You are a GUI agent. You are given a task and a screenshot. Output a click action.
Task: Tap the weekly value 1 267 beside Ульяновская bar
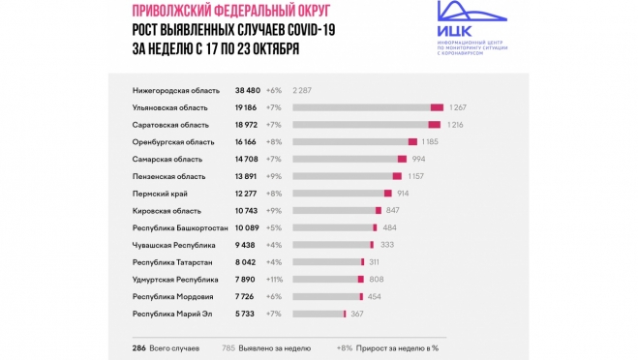coord(458,107)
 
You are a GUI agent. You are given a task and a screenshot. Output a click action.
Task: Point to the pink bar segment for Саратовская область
coord(434,125)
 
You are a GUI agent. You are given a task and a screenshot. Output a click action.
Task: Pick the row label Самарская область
coord(166,159)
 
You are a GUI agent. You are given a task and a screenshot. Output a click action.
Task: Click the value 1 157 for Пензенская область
coord(420,176)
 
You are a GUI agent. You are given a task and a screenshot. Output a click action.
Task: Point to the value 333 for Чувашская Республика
coord(387,245)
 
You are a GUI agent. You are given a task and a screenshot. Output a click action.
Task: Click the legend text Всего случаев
coord(185,345)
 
